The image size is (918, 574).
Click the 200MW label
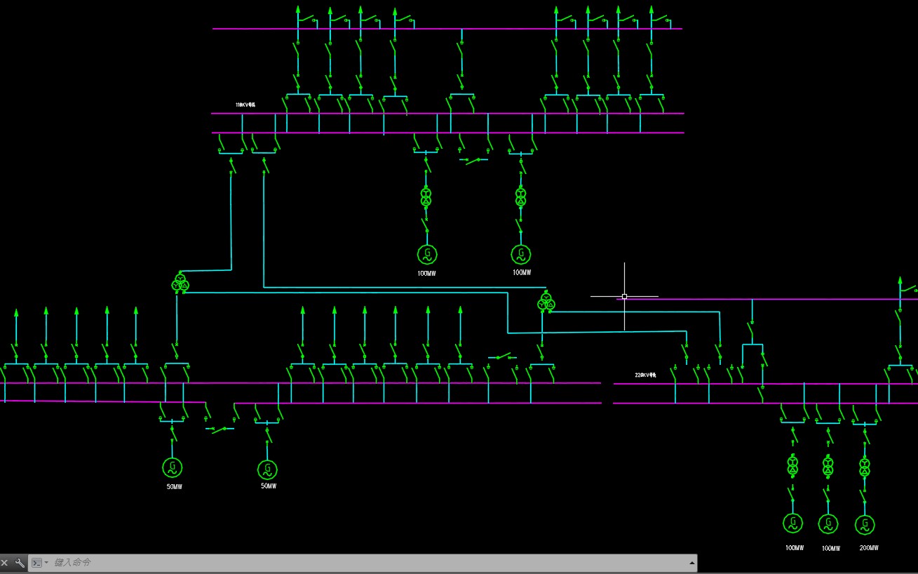tap(868, 548)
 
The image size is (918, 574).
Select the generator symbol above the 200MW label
tap(865, 524)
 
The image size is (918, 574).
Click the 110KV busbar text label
tap(245, 105)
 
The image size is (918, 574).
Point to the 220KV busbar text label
tap(645, 375)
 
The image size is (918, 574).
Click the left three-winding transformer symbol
tap(180, 283)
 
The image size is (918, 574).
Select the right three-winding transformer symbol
tap(546, 302)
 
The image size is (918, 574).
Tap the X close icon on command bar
tap(5, 563)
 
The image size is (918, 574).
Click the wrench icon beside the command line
tap(20, 563)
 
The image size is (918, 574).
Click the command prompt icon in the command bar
tap(37, 563)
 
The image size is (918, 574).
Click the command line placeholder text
tap(73, 563)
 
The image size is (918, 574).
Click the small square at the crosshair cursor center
tap(624, 296)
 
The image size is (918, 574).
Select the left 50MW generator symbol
tap(173, 467)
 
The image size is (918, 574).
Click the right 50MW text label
tap(269, 486)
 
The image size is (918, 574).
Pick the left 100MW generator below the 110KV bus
tap(427, 253)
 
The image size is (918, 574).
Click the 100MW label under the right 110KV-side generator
tap(522, 272)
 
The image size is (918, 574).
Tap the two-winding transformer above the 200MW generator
tap(865, 467)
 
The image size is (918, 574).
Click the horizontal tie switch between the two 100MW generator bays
tap(475, 161)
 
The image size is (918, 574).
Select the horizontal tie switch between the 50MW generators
tap(220, 428)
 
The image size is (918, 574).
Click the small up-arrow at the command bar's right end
tap(692, 563)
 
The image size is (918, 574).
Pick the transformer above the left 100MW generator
tap(426, 196)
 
